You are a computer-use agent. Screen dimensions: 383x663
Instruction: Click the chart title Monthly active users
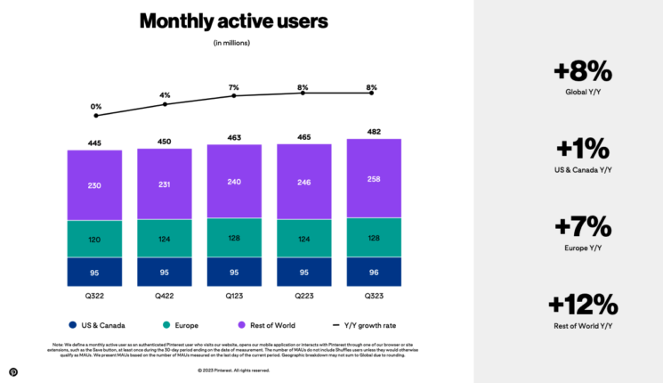click(x=234, y=21)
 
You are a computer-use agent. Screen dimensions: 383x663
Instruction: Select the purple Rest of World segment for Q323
click(x=374, y=179)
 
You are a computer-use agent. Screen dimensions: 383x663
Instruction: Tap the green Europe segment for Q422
click(x=164, y=239)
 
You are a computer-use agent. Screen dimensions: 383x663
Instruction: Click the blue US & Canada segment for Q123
click(x=234, y=272)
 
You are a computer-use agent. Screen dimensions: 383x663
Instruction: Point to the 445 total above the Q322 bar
click(x=94, y=143)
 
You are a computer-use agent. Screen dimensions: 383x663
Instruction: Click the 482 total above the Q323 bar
click(x=374, y=132)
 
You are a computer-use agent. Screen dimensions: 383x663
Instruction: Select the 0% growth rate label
click(x=95, y=107)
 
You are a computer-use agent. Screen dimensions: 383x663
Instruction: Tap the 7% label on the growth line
click(x=234, y=87)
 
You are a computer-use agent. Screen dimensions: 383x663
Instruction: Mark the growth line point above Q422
click(x=165, y=104)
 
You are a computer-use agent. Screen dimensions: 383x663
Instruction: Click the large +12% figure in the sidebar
click(x=583, y=304)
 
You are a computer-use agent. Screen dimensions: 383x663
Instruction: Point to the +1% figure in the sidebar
click(x=583, y=148)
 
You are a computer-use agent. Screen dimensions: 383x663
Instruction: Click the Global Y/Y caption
click(x=583, y=92)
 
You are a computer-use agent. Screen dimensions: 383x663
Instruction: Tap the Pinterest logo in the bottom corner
click(x=13, y=371)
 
